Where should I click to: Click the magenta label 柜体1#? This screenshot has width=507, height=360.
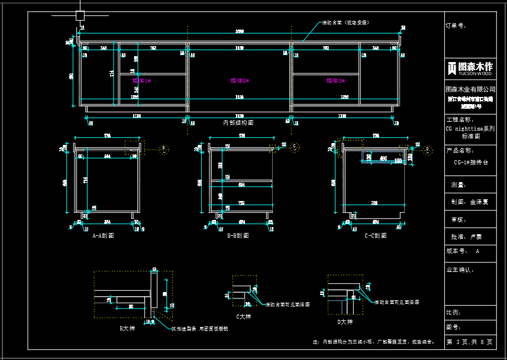[x=141, y=80]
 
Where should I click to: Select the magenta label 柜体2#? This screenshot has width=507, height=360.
[x=239, y=80]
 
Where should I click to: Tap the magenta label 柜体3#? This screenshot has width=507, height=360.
[x=335, y=80]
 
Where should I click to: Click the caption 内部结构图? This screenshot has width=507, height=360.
[x=238, y=122]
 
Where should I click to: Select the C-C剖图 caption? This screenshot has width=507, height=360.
[x=376, y=235]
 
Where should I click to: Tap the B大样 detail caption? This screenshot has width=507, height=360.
[x=127, y=327]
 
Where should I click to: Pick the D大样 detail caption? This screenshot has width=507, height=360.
[x=344, y=322]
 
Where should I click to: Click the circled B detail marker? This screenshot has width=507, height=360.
[x=164, y=148]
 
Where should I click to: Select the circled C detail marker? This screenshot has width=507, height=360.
[x=294, y=145]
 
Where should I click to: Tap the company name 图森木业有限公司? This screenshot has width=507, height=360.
[x=470, y=89]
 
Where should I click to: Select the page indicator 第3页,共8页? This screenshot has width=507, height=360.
[x=469, y=342]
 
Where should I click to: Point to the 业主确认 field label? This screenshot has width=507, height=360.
[x=460, y=270]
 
